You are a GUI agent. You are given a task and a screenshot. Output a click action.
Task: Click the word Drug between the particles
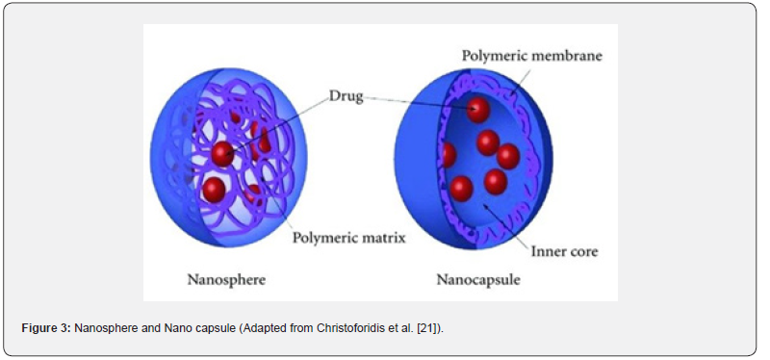click(346, 96)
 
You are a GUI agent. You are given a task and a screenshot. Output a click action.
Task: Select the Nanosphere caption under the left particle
click(226, 280)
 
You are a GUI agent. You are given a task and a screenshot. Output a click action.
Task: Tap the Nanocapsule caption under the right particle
click(478, 280)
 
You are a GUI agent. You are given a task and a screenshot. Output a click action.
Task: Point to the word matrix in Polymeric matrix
click(383, 238)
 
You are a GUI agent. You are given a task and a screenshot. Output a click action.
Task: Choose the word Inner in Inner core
click(546, 251)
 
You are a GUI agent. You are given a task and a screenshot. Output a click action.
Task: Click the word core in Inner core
click(582, 252)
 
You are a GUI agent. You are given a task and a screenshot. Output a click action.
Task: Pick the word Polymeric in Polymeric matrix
click(324, 239)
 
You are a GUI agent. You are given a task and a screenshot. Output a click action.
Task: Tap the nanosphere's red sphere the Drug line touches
click(223, 154)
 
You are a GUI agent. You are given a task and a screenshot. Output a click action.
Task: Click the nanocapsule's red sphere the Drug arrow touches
click(478, 110)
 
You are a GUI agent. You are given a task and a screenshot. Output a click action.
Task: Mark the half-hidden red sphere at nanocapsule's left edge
click(449, 155)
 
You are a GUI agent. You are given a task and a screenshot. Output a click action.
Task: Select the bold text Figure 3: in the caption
click(46, 328)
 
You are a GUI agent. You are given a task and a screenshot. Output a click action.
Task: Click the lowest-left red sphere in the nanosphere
click(214, 189)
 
